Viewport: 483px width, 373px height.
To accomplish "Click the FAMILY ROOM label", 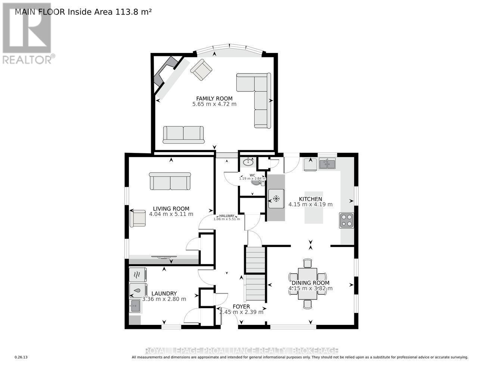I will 214,98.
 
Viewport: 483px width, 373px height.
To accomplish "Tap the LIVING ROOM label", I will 171,209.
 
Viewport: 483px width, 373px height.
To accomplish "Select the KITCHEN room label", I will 310,199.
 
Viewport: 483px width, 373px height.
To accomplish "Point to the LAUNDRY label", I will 164,294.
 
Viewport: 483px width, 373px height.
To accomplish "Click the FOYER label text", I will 241,307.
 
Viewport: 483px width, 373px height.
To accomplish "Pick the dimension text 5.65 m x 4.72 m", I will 214,104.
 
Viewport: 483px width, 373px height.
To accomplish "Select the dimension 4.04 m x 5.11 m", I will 171,214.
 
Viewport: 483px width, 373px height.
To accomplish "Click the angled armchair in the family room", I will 201,70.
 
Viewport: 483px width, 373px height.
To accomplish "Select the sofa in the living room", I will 170,181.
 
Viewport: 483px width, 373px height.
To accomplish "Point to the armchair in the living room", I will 138,218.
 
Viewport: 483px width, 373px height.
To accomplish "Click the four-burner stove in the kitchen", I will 346,220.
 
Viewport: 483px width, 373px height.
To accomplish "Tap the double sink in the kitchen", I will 327,163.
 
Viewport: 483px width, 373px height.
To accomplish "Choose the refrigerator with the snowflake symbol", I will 277,198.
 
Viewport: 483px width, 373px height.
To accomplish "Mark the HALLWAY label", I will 227,216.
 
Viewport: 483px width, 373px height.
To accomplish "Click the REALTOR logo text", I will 27,59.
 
